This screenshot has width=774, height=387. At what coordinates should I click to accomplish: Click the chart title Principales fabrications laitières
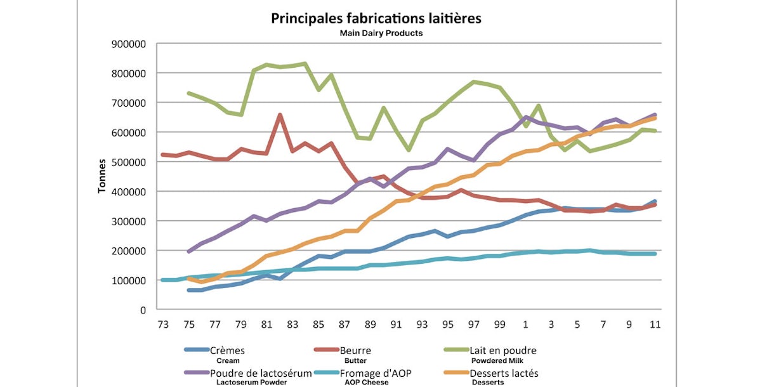(x=376, y=18)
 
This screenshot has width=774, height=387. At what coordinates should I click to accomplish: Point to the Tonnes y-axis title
(x=102, y=176)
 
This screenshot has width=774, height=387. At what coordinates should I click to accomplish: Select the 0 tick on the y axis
(x=143, y=310)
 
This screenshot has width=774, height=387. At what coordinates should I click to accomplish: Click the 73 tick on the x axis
(x=163, y=325)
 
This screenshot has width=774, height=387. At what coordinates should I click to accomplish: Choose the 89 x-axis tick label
(x=371, y=325)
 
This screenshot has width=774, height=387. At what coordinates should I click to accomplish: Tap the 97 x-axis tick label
(x=474, y=325)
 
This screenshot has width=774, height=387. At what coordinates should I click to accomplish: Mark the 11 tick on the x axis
(x=655, y=325)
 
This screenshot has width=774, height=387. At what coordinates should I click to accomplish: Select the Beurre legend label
(x=355, y=350)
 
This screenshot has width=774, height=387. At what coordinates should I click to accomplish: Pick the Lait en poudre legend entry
(x=502, y=350)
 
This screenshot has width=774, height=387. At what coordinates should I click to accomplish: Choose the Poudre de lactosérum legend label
(x=262, y=373)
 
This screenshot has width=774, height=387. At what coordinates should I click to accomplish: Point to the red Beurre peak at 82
(x=280, y=115)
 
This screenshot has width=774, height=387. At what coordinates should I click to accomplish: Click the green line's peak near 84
(x=305, y=63)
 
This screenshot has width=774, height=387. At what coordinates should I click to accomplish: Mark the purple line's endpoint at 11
(x=655, y=115)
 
